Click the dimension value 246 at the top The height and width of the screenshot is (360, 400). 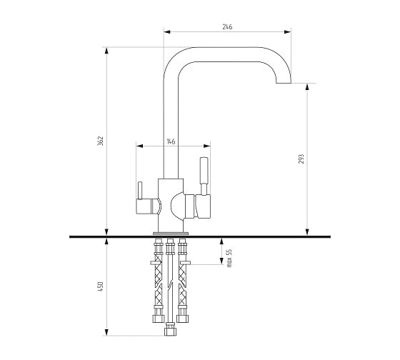[x=227, y=26]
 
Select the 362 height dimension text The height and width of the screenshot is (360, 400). [x=100, y=141]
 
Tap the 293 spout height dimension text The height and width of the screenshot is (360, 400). [x=301, y=159]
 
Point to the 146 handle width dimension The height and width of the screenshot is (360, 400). [x=171, y=141]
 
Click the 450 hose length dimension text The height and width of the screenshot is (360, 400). [x=100, y=286]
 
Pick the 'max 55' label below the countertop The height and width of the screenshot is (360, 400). [x=229, y=258]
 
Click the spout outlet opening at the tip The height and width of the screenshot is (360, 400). [x=284, y=83]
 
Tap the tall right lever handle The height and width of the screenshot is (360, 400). [x=204, y=176]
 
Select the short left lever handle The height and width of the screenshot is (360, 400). [x=139, y=190]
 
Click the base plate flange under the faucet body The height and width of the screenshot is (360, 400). [x=171, y=233]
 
